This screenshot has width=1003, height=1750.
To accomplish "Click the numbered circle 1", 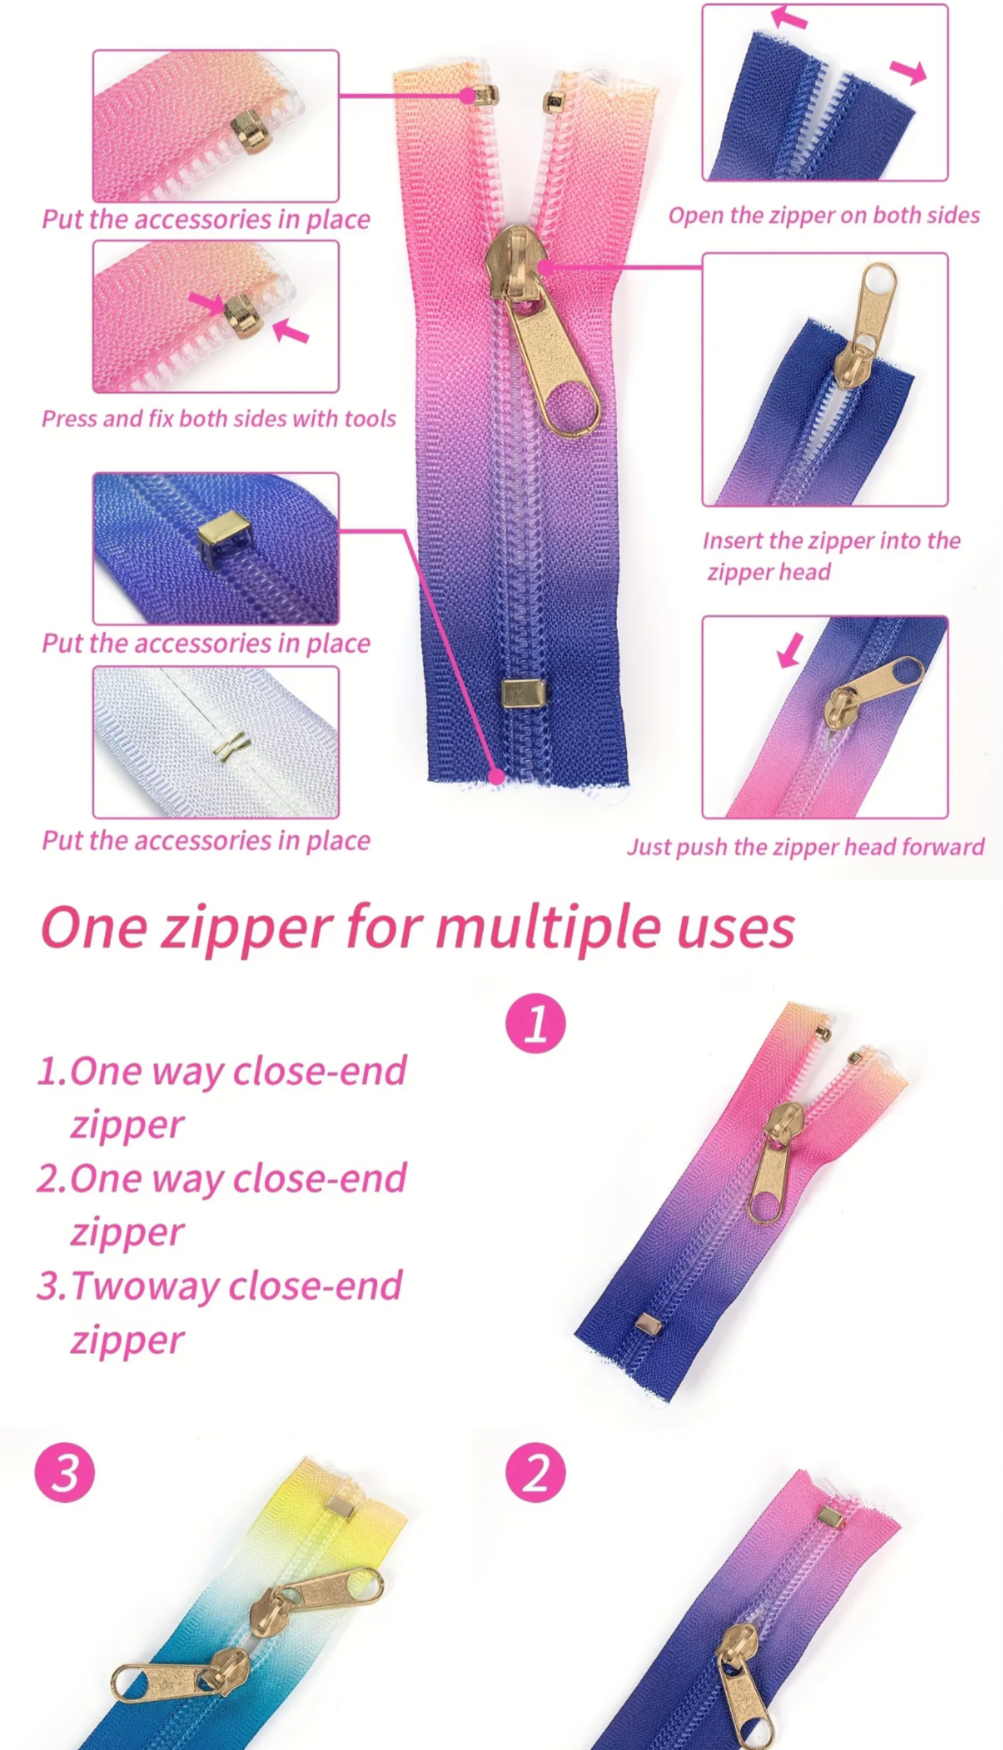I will (x=535, y=1024).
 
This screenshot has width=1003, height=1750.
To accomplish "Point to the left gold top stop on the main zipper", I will (x=484, y=95).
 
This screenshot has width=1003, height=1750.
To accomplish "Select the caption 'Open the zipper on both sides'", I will (x=824, y=216).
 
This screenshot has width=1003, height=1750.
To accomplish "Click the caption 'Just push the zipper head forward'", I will (x=805, y=847).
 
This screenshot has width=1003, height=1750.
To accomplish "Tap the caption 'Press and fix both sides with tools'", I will (x=219, y=419).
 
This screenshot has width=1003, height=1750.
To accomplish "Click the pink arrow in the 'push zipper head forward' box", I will (x=790, y=650).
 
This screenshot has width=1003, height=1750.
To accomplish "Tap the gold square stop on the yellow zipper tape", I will (x=341, y=1505).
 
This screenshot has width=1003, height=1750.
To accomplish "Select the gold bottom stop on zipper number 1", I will (x=648, y=1324).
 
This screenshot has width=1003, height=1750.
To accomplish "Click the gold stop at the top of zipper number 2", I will (x=830, y=1515).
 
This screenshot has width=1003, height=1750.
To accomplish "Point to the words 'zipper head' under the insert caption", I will (x=768, y=572).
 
